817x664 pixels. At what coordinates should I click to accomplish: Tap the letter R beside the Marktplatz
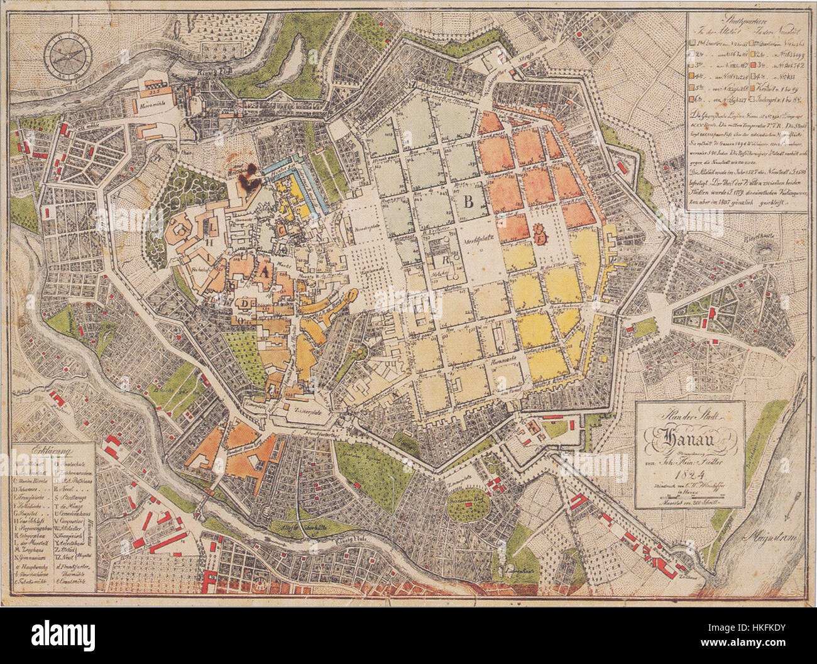point(444,258)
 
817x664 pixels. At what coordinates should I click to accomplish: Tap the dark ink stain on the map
point(251,174)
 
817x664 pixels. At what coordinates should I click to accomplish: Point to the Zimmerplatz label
point(304,407)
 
